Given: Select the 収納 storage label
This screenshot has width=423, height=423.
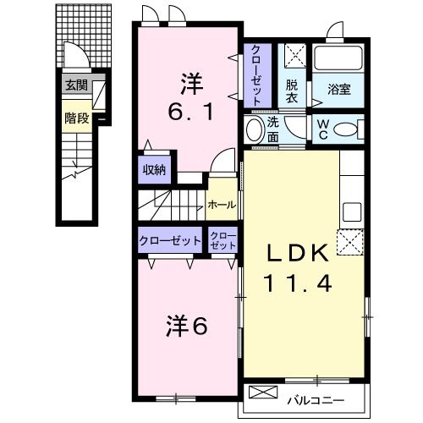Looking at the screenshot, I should [154, 169].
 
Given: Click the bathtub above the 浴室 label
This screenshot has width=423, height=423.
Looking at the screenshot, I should [338, 60].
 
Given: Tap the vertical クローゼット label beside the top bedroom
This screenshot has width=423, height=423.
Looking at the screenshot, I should [256, 71].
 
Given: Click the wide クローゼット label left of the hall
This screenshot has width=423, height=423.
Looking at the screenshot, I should [170, 239].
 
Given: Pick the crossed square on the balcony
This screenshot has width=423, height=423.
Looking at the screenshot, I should [265, 395].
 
